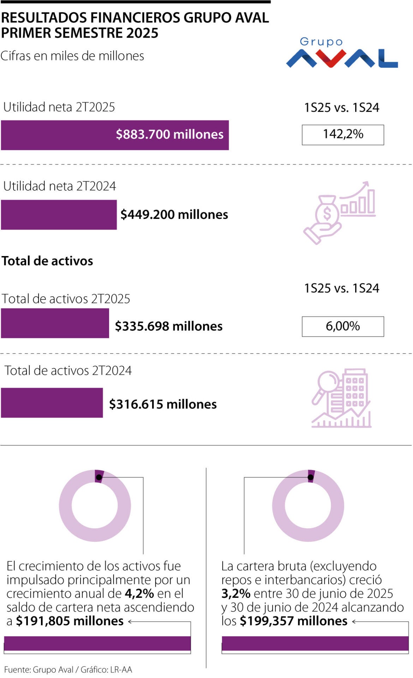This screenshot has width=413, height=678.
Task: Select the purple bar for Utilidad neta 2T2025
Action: pyautogui.click(x=115, y=135)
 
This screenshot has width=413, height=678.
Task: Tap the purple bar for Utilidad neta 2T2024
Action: pyautogui.click(x=59, y=215)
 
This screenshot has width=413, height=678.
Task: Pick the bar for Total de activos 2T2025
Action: pyautogui.click(x=55, y=323)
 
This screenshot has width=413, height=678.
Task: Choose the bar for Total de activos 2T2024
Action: pyautogui.click(x=52, y=403)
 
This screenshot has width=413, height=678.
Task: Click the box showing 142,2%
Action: pyautogui.click(x=343, y=135)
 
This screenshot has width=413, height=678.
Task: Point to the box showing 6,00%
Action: pyautogui.click(x=343, y=326)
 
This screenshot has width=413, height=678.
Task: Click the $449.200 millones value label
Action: pyautogui.click(x=174, y=215)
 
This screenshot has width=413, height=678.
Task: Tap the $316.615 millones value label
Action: pyautogui.click(x=163, y=404)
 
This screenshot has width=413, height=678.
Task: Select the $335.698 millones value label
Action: pyautogui.click(x=169, y=326)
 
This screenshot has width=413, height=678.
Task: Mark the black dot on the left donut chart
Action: pyautogui.click(x=99, y=477)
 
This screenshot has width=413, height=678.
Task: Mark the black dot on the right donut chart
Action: pyautogui.click(x=311, y=477)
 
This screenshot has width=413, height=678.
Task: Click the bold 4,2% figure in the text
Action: pyautogui.click(x=139, y=594)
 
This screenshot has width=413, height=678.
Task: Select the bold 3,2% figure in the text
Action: pyautogui.click(x=236, y=594)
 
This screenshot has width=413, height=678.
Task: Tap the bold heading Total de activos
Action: pyautogui.click(x=47, y=261)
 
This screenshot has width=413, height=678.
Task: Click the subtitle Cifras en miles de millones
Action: pyautogui.click(x=72, y=56)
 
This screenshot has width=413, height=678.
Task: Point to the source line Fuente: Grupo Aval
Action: pyautogui.click(x=39, y=670)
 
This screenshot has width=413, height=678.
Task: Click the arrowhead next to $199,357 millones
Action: pyautogui.click(x=354, y=621)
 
